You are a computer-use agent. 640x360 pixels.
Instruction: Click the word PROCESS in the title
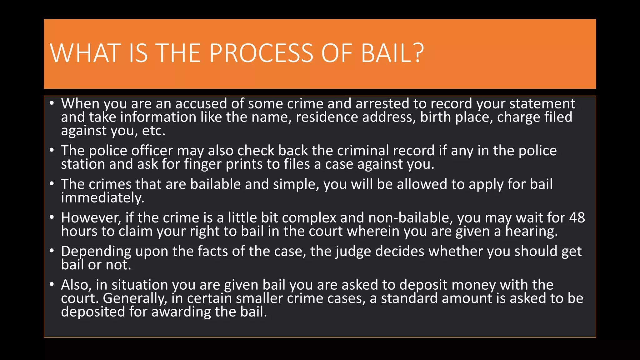(x=261, y=53)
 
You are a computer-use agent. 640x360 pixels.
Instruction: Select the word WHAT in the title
(x=85, y=53)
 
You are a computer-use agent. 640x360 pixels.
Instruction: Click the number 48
(x=577, y=217)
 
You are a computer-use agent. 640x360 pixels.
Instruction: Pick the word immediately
(x=102, y=198)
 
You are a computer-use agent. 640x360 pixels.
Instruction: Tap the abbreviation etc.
(x=153, y=131)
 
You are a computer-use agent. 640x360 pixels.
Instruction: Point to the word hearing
(x=532, y=232)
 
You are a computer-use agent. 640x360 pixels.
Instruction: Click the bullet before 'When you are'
(x=52, y=103)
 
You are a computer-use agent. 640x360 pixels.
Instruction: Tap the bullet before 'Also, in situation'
(x=52, y=284)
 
